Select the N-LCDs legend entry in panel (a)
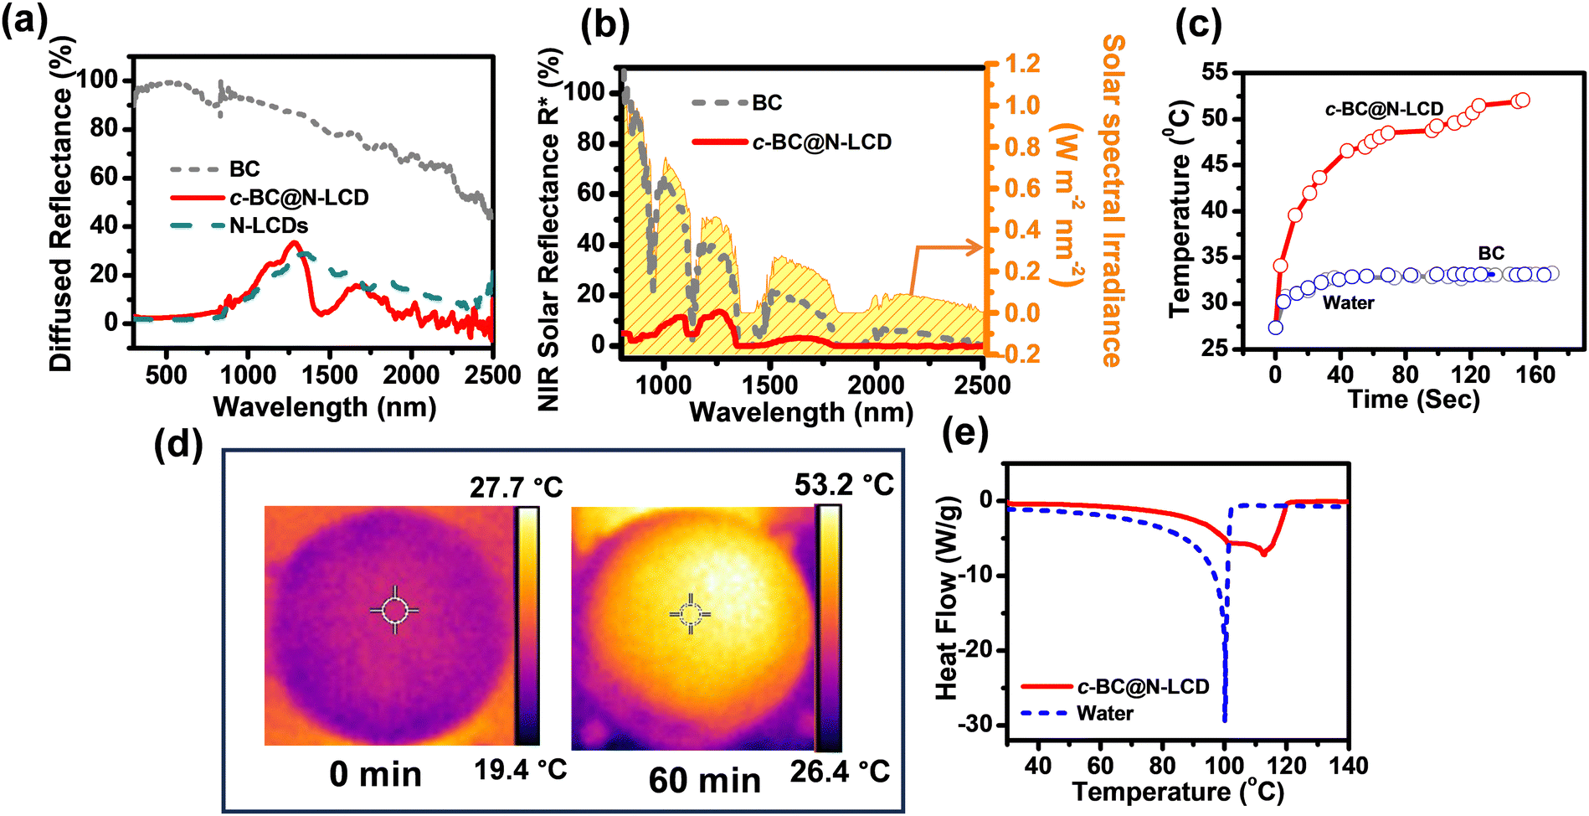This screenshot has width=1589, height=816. tap(239, 225)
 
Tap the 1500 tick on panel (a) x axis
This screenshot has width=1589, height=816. tap(329, 374)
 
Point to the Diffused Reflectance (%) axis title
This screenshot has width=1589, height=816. tap(61, 204)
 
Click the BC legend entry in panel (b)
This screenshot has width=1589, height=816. tap(737, 103)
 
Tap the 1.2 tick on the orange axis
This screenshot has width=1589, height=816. tap(1023, 64)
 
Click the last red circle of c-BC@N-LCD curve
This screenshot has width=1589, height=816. tap(1522, 101)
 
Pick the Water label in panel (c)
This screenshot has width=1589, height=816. tap(1348, 302)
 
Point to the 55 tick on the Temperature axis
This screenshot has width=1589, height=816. tap(1216, 73)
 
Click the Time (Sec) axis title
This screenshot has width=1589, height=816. tap(1414, 399)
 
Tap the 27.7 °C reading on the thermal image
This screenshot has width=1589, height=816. tap(517, 487)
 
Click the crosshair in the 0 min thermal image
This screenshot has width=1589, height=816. tap(394, 610)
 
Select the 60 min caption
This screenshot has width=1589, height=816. tap(705, 781)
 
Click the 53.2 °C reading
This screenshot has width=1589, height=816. tap(845, 484)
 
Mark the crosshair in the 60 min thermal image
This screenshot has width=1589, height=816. tap(691, 614)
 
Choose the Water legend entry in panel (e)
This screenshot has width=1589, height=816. tap(1078, 714)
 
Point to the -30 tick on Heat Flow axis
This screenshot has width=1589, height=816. tap(977, 724)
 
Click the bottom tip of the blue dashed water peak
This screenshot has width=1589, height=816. tap(1225, 720)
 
